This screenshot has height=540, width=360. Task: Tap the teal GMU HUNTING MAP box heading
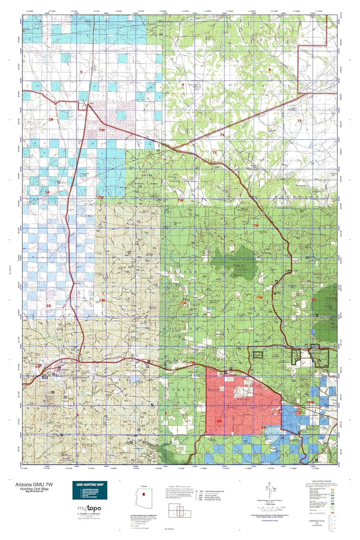point(90,485)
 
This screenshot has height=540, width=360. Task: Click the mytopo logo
point(89,509)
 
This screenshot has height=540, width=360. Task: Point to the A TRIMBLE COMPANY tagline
point(89,514)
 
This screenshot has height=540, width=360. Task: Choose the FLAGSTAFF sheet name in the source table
point(213,500)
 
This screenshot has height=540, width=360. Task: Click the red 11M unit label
point(309,402)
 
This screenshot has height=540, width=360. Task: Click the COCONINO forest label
point(297,197)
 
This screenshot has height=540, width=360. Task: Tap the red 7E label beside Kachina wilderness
point(314,300)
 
